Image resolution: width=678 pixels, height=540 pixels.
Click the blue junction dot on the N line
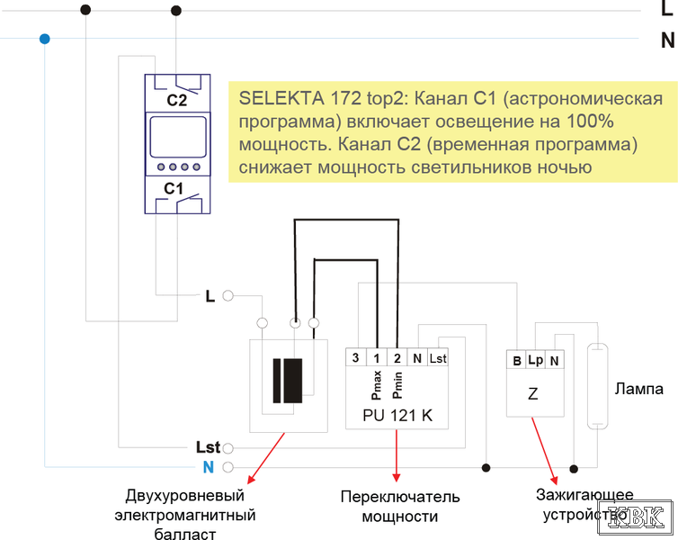[45, 39]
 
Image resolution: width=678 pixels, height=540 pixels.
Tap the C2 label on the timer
[177, 101]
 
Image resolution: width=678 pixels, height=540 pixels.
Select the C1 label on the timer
[174, 189]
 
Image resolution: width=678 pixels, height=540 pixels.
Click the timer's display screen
[178, 137]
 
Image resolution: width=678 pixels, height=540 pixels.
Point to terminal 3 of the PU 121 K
[355, 358]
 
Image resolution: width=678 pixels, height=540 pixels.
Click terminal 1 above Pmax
[377, 358]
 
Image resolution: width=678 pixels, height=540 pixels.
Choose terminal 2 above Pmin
[397, 358]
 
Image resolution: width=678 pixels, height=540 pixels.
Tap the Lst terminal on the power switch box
[438, 358]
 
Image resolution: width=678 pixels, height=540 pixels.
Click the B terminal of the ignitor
[517, 361]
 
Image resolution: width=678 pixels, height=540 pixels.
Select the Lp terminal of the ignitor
[535, 360]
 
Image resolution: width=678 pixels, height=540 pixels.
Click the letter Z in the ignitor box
[533, 394]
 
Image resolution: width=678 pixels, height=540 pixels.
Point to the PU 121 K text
[397, 416]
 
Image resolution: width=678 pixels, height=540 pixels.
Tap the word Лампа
[639, 389]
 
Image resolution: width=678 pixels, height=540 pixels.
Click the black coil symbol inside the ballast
[288, 381]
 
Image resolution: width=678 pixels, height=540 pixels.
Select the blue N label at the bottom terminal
[209, 467]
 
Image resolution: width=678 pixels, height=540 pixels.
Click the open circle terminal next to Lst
[227, 448]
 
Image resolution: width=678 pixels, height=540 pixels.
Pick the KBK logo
[635, 517]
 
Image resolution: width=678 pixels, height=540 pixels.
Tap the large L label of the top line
[667, 9]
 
